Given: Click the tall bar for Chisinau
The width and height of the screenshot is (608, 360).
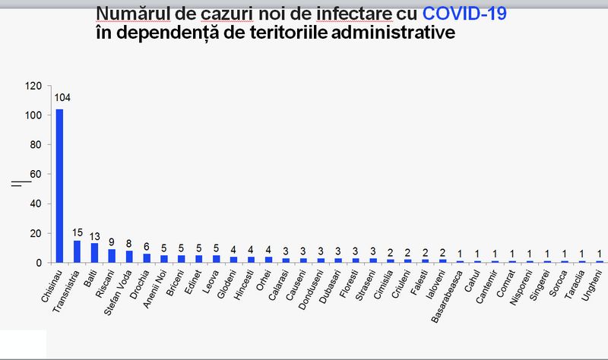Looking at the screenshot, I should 59,186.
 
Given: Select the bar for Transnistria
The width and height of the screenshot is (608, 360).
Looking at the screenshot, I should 77,251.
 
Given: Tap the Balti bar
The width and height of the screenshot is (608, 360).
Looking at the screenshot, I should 94,253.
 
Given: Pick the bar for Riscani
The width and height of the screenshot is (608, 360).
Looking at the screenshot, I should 112,256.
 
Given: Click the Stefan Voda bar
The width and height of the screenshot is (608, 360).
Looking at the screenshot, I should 129,257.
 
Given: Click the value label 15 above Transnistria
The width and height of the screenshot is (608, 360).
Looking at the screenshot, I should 77,231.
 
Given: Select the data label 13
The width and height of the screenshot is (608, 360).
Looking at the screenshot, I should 94,234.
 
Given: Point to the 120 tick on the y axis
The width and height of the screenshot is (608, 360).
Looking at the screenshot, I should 33,86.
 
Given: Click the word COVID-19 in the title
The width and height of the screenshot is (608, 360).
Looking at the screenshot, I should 465,14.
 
